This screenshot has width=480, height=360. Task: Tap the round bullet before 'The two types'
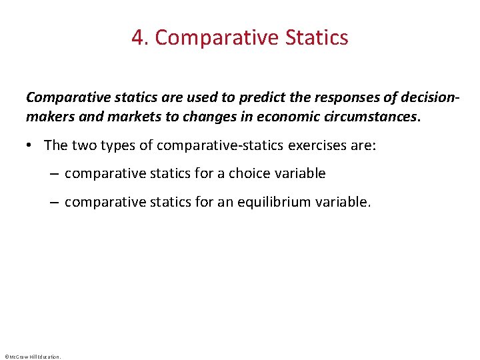click(32, 145)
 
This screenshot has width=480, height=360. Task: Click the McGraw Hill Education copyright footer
click(32, 357)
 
